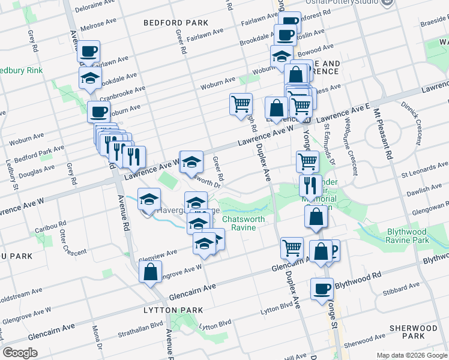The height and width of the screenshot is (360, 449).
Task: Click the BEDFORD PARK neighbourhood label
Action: tap(176, 23)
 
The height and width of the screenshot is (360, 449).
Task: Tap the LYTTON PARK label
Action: tap(173, 310)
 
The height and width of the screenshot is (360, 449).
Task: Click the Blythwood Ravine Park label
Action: tap(399, 236)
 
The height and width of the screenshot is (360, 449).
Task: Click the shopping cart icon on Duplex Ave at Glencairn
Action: tap(292, 247)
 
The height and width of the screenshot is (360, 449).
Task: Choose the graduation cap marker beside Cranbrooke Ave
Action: tap(90, 78)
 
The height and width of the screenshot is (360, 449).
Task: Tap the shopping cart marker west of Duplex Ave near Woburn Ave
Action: tap(241, 104)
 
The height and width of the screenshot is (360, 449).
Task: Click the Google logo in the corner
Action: tap(20, 353)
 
